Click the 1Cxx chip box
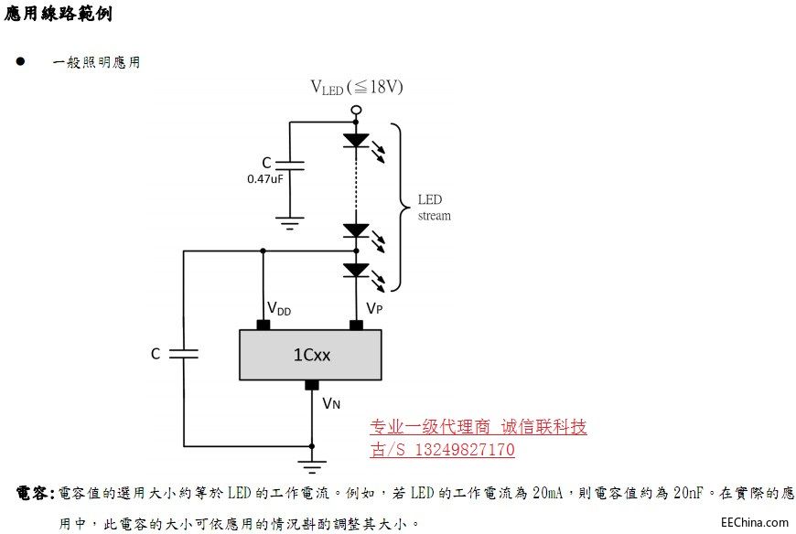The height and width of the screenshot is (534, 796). pyautogui.click(x=311, y=355)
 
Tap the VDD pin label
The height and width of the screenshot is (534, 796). pyautogui.click(x=279, y=309)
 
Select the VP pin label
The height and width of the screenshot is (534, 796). pyautogui.click(x=373, y=309)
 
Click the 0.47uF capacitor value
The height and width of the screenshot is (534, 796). pyautogui.click(x=264, y=179)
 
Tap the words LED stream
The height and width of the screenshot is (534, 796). pyautogui.click(x=434, y=208)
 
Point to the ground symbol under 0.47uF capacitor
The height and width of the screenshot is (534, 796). pyautogui.click(x=290, y=221)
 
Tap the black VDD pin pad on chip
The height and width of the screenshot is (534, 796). pyautogui.click(x=264, y=326)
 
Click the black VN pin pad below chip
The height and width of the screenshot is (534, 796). pyautogui.click(x=311, y=384)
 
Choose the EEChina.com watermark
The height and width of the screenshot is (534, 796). pyautogui.click(x=754, y=522)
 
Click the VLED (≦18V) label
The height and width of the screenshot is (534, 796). pyautogui.click(x=357, y=88)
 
